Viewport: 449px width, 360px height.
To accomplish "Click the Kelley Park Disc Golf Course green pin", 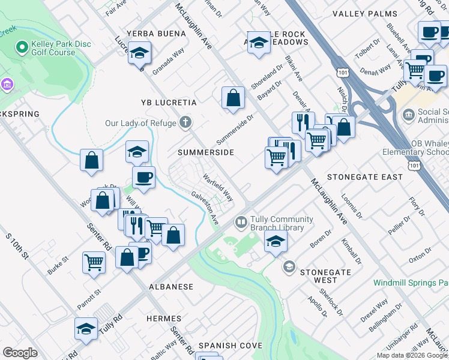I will pos(22,46).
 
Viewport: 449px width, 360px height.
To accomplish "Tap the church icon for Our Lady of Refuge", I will pos(186,123).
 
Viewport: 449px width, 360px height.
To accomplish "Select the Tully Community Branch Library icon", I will pos(241,223).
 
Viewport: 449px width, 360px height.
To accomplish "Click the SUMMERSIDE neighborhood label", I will pos(205,153).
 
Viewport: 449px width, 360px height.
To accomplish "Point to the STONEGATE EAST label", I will pos(364,177).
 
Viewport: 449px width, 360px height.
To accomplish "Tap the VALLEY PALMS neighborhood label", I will pos(364,14).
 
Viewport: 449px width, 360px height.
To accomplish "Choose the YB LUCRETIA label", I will pos(169,103).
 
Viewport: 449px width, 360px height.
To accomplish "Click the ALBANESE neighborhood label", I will pos(171,287).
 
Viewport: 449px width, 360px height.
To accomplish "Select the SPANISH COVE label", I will pos(231,346).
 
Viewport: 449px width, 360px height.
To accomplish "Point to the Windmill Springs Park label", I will pos(411,282).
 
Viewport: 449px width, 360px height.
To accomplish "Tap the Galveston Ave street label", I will pos(205,208).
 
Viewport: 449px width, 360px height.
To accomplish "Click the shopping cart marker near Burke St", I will pos(94,262).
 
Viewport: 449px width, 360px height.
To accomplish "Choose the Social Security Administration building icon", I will pos(409,115).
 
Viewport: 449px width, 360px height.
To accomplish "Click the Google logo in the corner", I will pos(20,353).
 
